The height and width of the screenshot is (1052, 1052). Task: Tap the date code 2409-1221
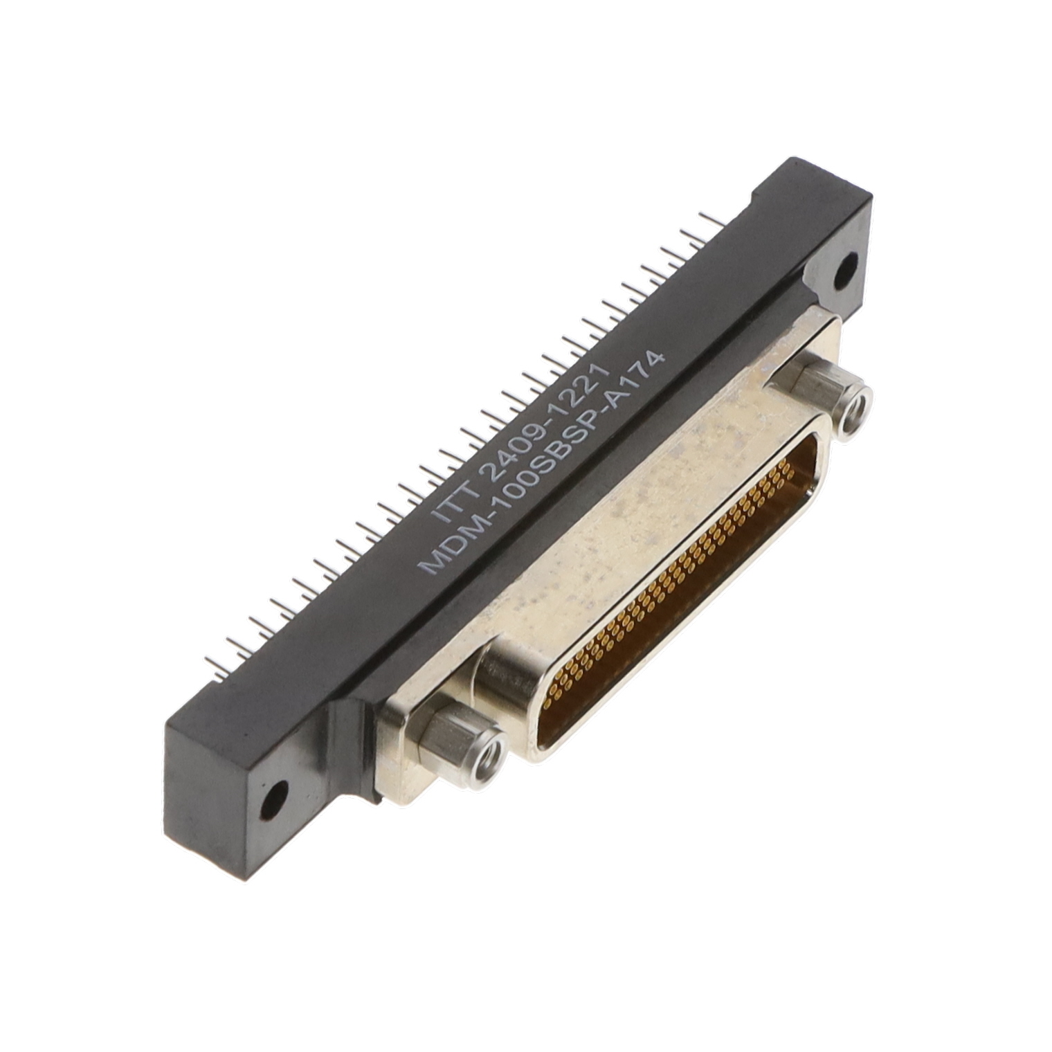pyautogui.click(x=543, y=421)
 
